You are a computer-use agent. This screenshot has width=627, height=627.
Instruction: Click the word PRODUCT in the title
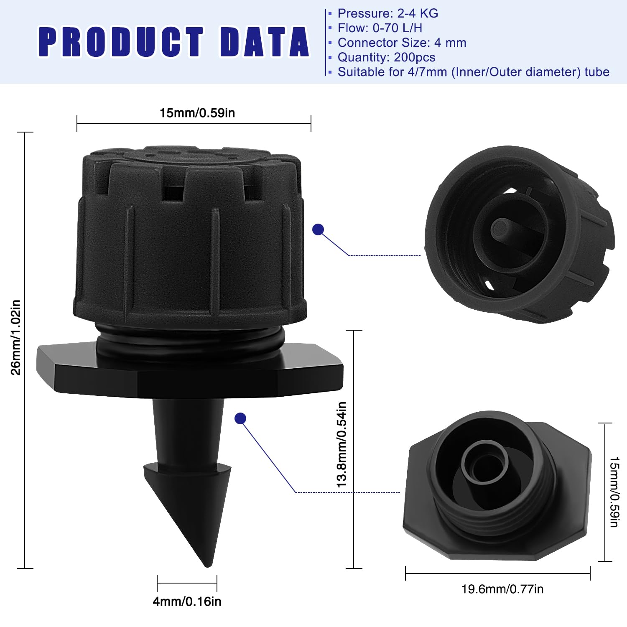(121, 42)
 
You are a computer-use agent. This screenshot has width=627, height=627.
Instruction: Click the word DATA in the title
(265, 42)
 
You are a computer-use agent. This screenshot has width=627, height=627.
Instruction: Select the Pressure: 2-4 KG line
(388, 13)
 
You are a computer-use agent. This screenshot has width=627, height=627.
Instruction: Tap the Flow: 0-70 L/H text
(380, 28)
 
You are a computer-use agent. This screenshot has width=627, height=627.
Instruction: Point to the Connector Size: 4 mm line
(402, 43)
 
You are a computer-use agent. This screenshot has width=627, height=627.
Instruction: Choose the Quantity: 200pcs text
(387, 57)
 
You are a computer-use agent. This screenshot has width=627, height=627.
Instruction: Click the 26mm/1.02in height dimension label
(15, 337)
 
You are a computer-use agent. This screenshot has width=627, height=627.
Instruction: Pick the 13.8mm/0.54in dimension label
(342, 444)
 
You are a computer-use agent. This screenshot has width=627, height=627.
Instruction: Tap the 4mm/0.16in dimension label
(187, 602)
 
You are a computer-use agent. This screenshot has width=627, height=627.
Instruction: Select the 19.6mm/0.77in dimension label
(502, 589)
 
